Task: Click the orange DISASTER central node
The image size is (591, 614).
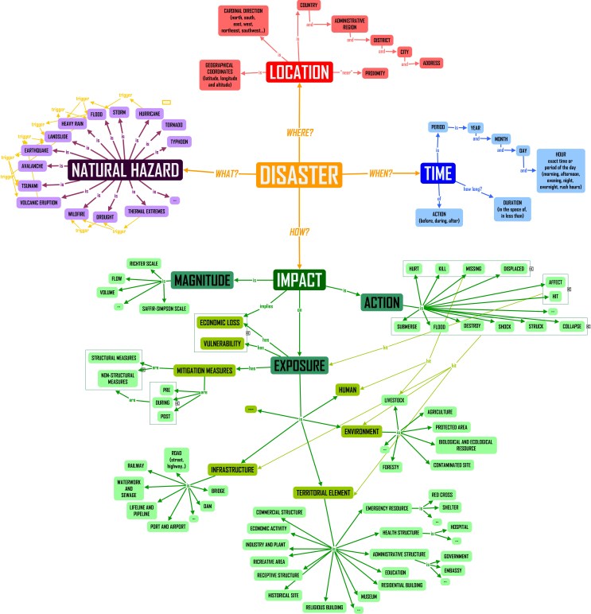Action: (x=299, y=173)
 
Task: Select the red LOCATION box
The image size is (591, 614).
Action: (x=299, y=72)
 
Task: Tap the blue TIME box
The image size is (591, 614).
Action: (x=437, y=172)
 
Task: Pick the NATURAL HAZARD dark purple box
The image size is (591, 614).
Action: (x=126, y=169)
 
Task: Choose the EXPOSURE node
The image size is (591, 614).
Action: (x=298, y=366)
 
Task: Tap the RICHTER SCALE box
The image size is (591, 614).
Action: (x=143, y=262)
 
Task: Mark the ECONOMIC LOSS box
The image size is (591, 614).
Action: (x=220, y=324)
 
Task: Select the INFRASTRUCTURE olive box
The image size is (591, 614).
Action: (x=232, y=469)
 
